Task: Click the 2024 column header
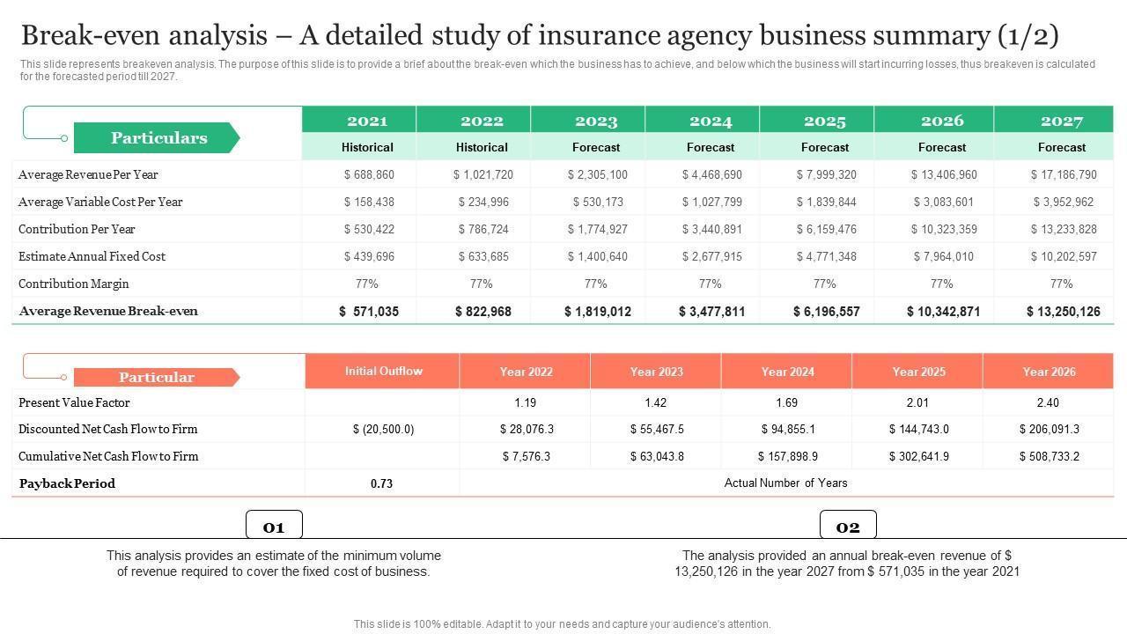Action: (711, 121)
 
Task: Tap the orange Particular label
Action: (156, 377)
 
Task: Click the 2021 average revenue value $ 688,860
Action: (368, 174)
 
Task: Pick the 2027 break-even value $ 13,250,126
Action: (1063, 311)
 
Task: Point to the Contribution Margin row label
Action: (74, 284)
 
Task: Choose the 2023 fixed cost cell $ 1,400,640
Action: (597, 256)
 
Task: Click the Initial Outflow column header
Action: (383, 371)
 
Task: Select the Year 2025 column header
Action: (918, 372)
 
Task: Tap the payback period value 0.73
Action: (381, 483)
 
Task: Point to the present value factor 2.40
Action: (1048, 402)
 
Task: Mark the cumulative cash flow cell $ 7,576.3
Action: (526, 456)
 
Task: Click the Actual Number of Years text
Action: (785, 483)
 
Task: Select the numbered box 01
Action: (274, 527)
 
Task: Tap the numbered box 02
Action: (848, 527)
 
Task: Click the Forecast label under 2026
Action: (942, 147)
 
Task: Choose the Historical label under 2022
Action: (482, 147)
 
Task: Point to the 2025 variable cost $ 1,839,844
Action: (826, 202)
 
